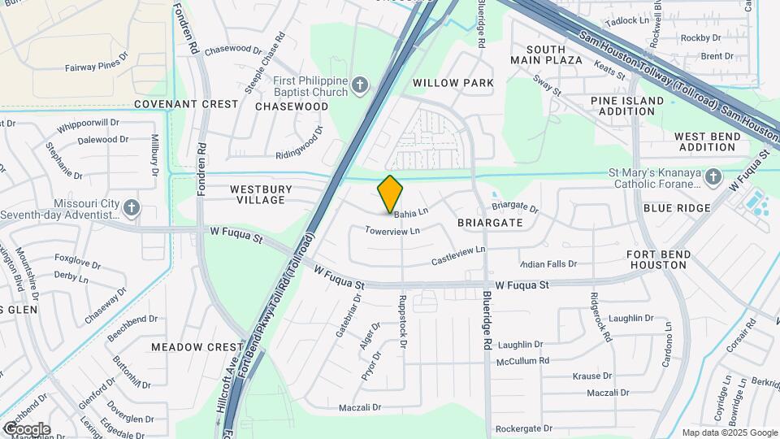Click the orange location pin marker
(x=390, y=193)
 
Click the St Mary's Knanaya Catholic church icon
(x=713, y=176)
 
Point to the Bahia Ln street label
(x=411, y=214)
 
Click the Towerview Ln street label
(x=392, y=231)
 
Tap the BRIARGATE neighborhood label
(x=488, y=221)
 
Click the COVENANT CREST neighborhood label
(x=186, y=104)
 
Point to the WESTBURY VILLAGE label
(x=258, y=194)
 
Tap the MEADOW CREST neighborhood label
(x=197, y=347)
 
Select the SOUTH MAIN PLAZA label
(x=546, y=54)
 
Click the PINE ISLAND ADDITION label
(x=627, y=106)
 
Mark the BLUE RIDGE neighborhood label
(x=676, y=208)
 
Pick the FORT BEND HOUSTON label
(x=659, y=260)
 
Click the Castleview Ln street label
(x=457, y=254)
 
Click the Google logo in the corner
(x=26, y=429)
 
